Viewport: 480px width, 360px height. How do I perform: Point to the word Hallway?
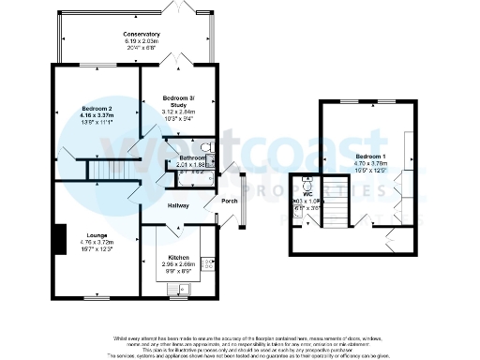178,205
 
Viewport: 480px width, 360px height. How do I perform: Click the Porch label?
229,200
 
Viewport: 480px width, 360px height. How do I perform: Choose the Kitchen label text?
178,257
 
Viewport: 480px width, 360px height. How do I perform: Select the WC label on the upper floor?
307,194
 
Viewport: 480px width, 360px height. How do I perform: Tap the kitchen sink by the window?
177,290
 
